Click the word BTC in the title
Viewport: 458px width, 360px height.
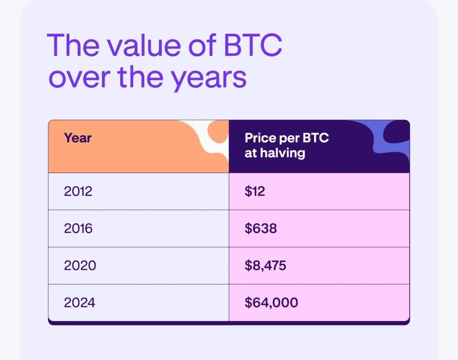point(253,45)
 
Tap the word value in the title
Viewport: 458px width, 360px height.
point(144,45)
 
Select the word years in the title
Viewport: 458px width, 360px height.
point(209,79)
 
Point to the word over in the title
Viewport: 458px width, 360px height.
point(79,78)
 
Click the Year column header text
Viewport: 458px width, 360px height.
point(78,138)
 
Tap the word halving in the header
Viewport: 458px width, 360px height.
point(282,153)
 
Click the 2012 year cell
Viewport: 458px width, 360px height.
point(78,192)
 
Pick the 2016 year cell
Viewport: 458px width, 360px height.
point(78,228)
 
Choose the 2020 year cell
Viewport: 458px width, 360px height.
point(80,265)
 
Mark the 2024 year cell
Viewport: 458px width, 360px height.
point(79,302)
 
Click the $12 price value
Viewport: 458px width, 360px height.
point(255,192)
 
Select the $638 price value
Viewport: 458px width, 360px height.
point(260,228)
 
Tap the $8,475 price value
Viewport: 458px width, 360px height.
point(265,266)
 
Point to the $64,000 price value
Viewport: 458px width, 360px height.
point(271,303)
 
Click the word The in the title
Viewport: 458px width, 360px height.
point(73,45)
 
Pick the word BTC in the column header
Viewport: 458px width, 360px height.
point(316,138)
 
